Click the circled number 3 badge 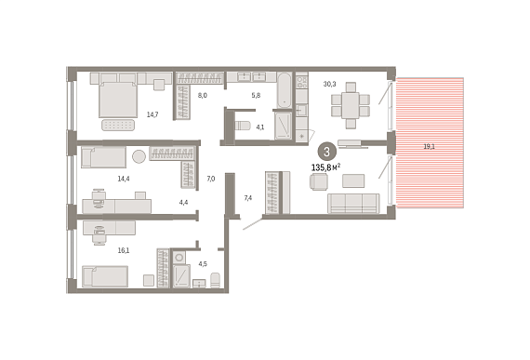pos(326,151)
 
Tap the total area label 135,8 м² pos(325,167)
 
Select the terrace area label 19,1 pos(430,147)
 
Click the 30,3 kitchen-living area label pos(329,84)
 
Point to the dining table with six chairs pos(351,105)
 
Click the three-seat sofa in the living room pos(353,204)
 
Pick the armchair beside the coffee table pos(318,181)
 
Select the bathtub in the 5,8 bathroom pos(285,90)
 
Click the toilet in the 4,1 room pos(242,126)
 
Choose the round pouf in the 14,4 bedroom pos(139,156)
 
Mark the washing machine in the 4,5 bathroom pos(179,258)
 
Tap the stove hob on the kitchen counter pos(302,81)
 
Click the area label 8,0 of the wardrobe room pos(203,96)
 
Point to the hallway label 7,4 pos(248,198)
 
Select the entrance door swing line pos(253,224)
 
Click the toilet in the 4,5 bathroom pos(216,280)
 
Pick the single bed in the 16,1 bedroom pos(105,276)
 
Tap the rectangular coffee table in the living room pos(353,180)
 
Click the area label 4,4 pos(183,203)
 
